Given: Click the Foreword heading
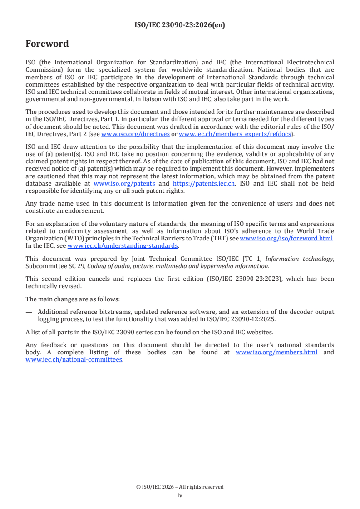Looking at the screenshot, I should (x=47, y=44).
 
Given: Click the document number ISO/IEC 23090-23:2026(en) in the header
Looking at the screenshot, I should (x=180, y=25).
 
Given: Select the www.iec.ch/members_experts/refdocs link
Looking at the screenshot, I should (x=235, y=134).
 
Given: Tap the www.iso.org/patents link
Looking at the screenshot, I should (x=124, y=183).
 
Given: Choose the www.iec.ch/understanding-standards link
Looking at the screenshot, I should (x=123, y=245).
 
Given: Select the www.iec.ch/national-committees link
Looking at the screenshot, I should (x=74, y=360).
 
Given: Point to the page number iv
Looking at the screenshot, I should (x=180, y=495).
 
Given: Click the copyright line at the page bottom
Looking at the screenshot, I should (x=180, y=487).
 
